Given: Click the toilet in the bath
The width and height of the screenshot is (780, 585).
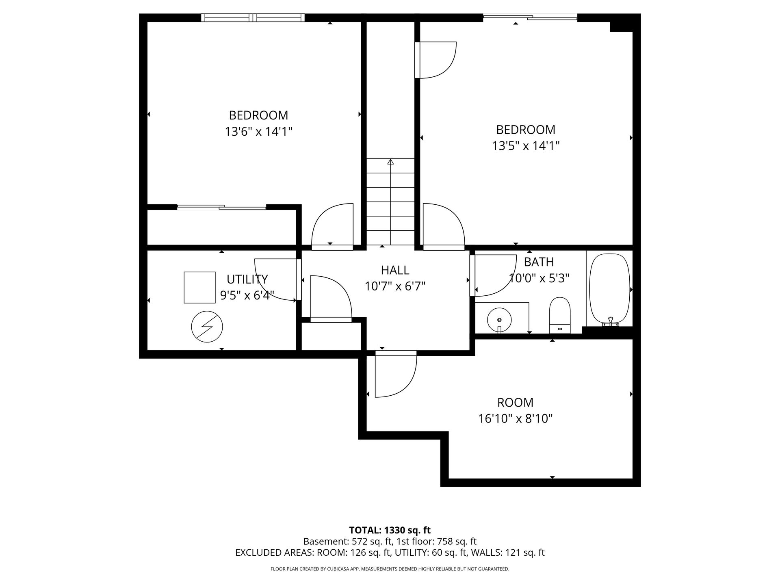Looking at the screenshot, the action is click(x=560, y=315).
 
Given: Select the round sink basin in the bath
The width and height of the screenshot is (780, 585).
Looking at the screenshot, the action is click(x=499, y=320).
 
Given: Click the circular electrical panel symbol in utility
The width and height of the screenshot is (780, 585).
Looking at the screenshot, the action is click(x=207, y=326).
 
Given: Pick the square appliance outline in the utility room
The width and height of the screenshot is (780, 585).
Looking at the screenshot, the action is click(x=199, y=287).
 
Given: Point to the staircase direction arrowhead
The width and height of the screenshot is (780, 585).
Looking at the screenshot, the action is click(x=390, y=162).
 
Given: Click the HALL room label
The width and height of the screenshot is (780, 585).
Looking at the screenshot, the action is click(x=395, y=270).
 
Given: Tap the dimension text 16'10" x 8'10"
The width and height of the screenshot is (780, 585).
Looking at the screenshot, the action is click(x=516, y=418).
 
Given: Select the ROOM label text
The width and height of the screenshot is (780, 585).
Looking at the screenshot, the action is click(x=516, y=403).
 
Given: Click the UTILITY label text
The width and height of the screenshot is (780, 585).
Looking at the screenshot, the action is click(x=247, y=279).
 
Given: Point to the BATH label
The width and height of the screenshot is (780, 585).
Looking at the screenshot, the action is click(x=539, y=262).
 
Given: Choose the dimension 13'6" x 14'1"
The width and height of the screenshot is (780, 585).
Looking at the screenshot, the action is click(x=259, y=132).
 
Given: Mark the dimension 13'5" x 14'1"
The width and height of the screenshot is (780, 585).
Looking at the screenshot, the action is click(x=526, y=146).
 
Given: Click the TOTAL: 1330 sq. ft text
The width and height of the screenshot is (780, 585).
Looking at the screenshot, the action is click(x=390, y=530).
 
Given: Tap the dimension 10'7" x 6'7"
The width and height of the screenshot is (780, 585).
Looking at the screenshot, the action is click(x=395, y=286).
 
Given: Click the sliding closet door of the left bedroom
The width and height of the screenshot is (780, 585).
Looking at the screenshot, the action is click(x=222, y=207).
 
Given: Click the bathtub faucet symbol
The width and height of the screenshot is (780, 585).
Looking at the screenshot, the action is click(x=611, y=322).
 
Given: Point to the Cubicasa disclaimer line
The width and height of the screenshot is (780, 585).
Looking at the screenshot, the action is click(x=390, y=569).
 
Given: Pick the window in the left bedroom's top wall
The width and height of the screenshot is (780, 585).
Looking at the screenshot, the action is click(x=253, y=17).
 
